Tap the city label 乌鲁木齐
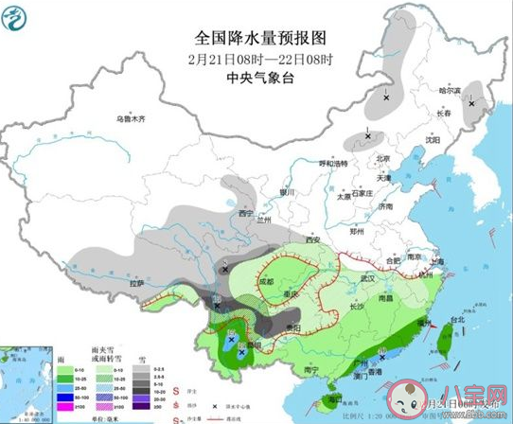(133, 119)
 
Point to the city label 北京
(383, 158)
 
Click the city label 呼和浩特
(332, 163)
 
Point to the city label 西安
(312, 240)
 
